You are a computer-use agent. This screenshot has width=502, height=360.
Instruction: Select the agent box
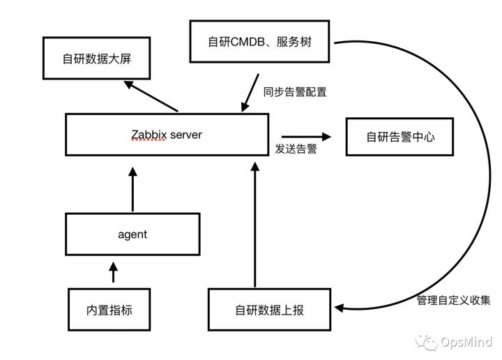[x=132, y=234]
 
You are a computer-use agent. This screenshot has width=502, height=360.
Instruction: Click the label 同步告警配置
[x=295, y=91]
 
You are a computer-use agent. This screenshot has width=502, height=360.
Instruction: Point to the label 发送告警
[x=296, y=149]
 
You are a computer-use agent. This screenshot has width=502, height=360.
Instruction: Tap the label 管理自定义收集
[x=453, y=301]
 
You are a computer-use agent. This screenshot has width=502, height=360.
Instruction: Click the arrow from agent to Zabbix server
[x=132, y=187]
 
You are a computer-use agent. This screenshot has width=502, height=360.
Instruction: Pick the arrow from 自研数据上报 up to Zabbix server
[x=254, y=223]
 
